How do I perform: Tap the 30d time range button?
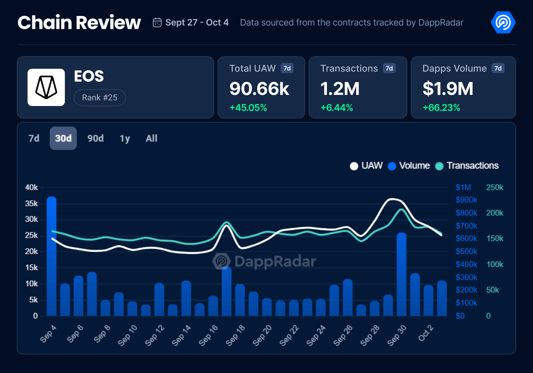[63, 138]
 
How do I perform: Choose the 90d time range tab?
[95, 138]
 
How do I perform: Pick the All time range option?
[151, 138]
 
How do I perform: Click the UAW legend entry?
[366, 166]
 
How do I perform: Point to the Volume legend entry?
[409, 166]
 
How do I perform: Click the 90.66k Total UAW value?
[259, 89]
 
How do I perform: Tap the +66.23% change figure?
[442, 108]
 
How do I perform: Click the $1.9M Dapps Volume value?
[448, 89]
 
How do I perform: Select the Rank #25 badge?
[99, 98]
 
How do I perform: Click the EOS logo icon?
[46, 87]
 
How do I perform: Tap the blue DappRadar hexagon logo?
[503, 22]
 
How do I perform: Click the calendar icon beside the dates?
[157, 23]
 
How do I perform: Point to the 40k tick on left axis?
[32, 188]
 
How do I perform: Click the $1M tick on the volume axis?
[463, 188]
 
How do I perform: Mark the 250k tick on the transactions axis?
[495, 188]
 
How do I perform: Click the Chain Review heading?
[79, 23]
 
